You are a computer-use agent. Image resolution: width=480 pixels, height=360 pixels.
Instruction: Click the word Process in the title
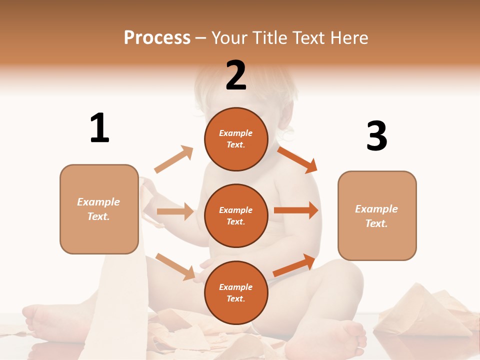(x=157, y=37)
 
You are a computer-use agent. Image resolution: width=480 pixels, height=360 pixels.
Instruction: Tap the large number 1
(x=99, y=128)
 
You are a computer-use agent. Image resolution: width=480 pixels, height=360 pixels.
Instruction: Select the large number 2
(x=236, y=76)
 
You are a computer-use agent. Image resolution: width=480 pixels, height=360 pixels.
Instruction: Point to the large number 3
(x=376, y=136)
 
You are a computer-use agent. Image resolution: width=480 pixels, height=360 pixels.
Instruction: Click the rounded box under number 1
(x=99, y=209)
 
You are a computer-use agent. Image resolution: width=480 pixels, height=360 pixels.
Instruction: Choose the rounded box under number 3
(x=377, y=215)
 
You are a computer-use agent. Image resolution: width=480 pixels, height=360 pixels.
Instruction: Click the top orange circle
(x=236, y=139)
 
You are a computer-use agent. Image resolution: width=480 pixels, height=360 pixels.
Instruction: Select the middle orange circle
(x=236, y=215)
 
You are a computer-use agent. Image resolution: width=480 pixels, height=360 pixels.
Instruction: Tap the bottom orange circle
(x=236, y=292)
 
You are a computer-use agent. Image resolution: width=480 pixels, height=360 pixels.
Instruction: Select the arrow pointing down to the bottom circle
(x=175, y=266)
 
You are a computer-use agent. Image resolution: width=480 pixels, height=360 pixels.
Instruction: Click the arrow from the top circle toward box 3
(x=297, y=159)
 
